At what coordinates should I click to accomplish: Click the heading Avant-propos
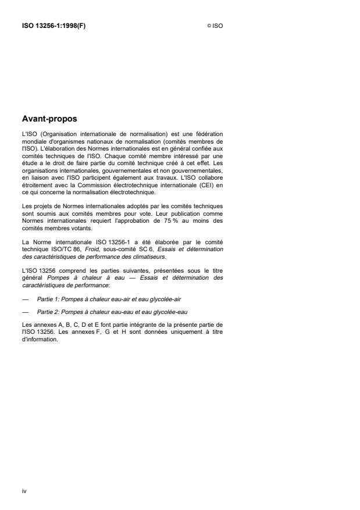coord(49,119)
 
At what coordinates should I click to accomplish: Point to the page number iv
coord(24,491)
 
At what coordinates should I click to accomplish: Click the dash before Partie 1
coord(24,298)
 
